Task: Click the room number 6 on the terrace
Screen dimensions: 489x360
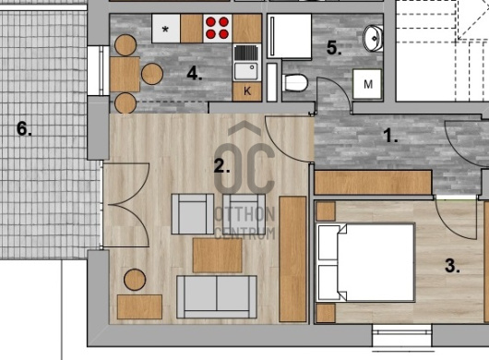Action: click(24, 128)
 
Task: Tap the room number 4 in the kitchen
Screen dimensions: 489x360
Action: click(195, 74)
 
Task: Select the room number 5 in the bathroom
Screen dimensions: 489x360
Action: click(334, 48)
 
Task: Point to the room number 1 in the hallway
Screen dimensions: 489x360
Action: click(390, 136)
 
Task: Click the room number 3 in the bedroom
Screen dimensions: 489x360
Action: click(452, 266)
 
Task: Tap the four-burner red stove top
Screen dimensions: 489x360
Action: click(218, 28)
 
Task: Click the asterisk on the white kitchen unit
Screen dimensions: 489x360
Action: click(165, 30)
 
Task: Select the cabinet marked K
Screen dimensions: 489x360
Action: click(247, 91)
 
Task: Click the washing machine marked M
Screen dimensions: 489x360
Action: click(367, 84)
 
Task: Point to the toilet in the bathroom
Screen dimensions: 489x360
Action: click(295, 83)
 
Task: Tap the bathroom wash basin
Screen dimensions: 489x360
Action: click(373, 39)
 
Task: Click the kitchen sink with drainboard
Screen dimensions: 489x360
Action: click(247, 63)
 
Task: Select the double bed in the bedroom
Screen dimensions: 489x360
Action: click(365, 263)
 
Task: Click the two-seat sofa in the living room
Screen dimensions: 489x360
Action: click(217, 296)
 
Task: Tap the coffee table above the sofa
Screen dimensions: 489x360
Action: click(218, 255)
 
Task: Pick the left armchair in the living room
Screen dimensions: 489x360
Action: click(193, 214)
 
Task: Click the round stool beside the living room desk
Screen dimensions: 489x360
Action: click(135, 280)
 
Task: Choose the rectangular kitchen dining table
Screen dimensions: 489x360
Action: click(125, 74)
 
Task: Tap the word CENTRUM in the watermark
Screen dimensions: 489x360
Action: click(244, 233)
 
